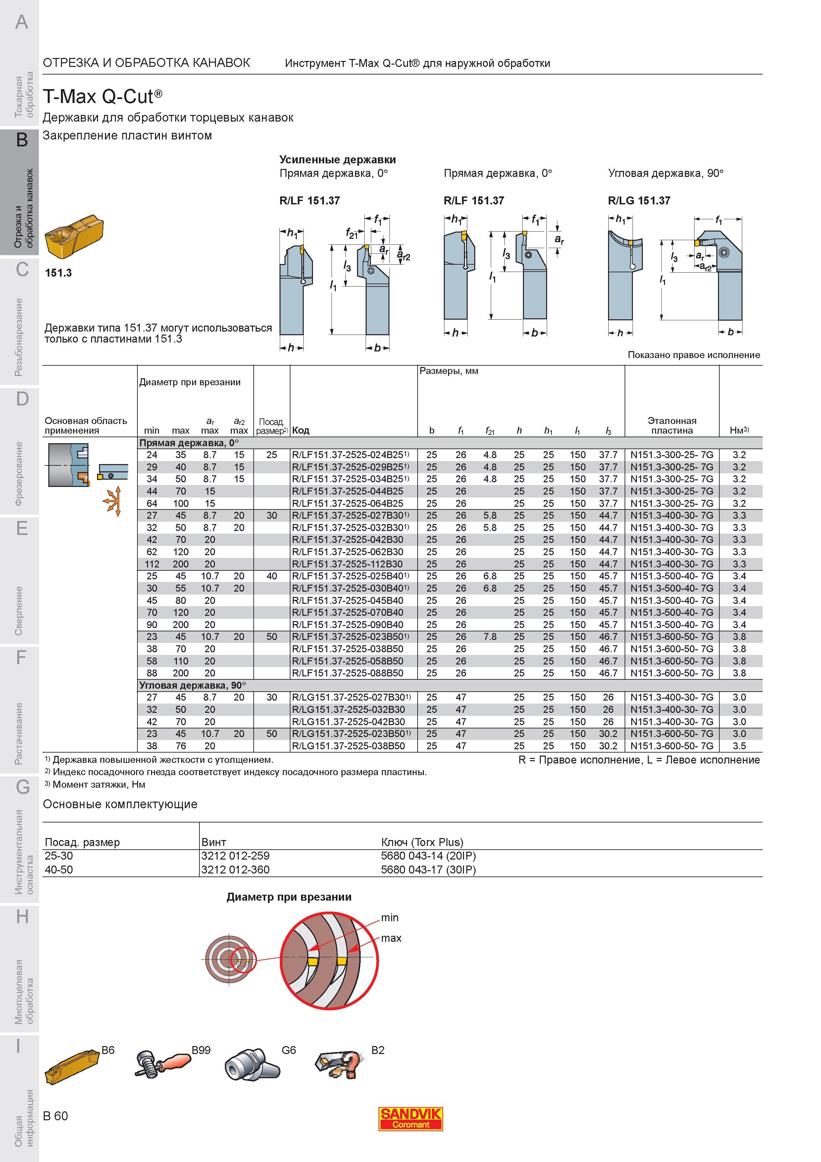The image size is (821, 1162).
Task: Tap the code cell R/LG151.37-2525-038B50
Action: pos(348,746)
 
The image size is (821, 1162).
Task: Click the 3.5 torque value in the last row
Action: pos(739,746)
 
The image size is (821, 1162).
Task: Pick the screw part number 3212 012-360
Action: pos(235,870)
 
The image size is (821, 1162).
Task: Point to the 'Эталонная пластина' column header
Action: pos(672,426)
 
